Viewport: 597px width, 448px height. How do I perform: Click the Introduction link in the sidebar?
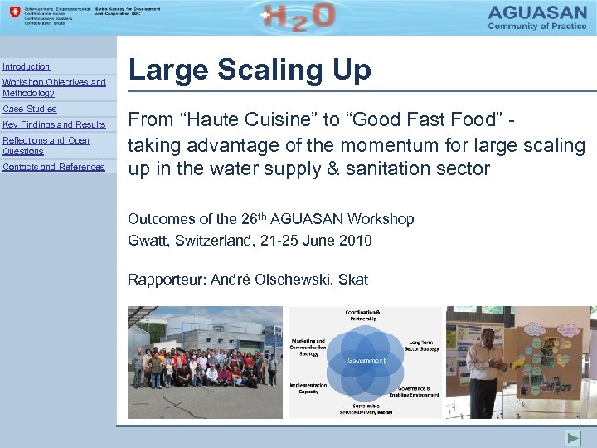(26, 66)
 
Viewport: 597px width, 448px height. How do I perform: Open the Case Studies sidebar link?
(30, 109)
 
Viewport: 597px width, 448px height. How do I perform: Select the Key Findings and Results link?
(55, 124)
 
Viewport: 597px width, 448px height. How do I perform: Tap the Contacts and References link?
(54, 167)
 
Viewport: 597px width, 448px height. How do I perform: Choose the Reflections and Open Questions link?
(46, 145)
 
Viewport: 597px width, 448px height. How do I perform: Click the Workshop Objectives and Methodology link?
(54, 88)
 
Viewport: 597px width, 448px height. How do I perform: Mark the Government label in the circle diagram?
(366, 361)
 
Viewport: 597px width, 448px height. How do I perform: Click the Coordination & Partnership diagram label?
(366, 314)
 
